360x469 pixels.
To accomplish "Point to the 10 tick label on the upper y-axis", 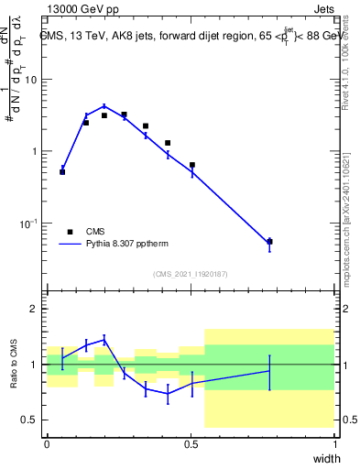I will pos(30,79).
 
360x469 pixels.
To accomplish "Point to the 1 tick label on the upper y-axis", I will pos(34,151).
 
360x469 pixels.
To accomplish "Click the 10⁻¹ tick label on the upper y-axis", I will pos(27,223).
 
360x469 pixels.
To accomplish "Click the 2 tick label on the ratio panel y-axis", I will pos(34,309).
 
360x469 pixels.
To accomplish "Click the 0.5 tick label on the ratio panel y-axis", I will pos(29,420).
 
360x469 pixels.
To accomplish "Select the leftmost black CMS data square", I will pos(62,171).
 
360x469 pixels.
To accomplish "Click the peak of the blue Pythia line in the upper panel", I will pos(104,106).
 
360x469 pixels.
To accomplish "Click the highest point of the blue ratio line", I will pos(104,339).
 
